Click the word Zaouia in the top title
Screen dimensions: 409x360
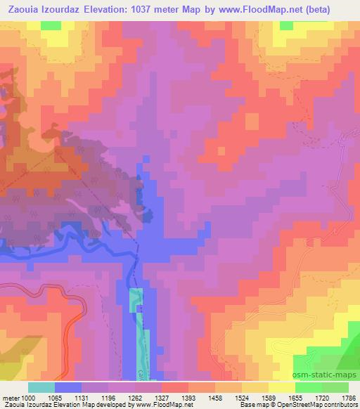click(22, 9)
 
